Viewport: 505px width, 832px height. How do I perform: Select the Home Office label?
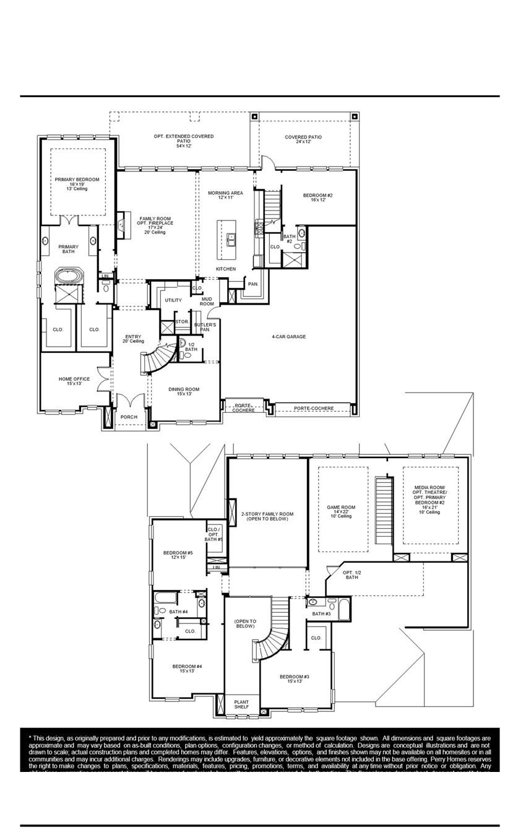coord(74,381)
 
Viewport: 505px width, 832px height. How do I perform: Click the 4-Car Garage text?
coord(288,337)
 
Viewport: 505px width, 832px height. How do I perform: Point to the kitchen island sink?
coord(231,236)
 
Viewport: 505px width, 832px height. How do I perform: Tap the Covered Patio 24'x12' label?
coord(303,139)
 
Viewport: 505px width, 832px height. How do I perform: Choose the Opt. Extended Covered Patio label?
coord(184,139)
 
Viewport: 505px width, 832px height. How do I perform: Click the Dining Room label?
coord(184,392)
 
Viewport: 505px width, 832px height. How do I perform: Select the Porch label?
coord(129,417)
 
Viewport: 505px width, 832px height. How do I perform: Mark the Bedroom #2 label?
coord(318,197)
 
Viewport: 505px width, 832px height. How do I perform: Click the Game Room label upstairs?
coord(340,511)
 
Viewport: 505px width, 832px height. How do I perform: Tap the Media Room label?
coord(429,500)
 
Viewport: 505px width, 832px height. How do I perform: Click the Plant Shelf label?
coord(241,704)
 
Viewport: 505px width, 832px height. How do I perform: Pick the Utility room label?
coord(173,300)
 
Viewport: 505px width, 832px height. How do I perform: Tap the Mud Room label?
coord(207,301)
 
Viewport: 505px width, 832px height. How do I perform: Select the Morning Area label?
coord(225,195)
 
